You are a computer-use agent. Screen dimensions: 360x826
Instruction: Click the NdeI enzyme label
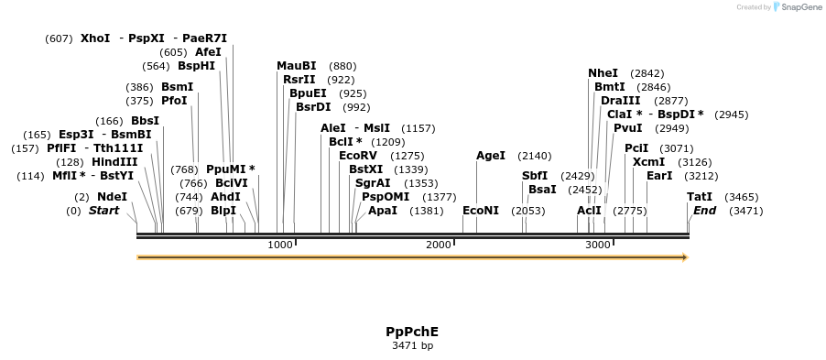point(112,197)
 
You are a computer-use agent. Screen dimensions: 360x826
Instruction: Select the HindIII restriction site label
point(114,161)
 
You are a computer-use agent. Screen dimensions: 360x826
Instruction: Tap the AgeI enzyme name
point(491,156)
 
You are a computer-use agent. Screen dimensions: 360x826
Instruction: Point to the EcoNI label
point(481,211)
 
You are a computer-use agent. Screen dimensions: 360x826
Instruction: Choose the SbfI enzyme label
point(535,176)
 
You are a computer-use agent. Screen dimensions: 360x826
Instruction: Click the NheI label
point(603,73)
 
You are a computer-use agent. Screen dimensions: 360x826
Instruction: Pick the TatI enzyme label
point(700,197)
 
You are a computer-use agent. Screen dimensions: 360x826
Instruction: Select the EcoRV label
point(358,156)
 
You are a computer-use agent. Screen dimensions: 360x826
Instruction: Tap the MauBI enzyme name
point(297,66)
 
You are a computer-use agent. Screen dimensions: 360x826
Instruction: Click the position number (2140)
point(535,156)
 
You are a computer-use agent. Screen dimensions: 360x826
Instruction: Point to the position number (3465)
point(741,197)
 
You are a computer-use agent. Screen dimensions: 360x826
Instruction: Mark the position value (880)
point(342,66)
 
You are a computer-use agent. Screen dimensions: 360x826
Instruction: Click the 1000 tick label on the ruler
point(280,245)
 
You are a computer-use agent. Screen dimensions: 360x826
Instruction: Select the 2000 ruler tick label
point(439,245)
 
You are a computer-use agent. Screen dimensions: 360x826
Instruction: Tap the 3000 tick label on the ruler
point(598,245)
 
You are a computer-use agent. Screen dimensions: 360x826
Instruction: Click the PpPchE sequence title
point(412,331)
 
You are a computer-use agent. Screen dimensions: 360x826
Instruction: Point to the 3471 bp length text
point(412,345)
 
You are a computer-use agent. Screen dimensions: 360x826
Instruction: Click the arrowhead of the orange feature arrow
point(683,257)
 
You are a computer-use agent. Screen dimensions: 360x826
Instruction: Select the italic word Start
point(103,211)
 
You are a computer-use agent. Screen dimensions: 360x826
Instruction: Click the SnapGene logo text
point(800,7)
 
